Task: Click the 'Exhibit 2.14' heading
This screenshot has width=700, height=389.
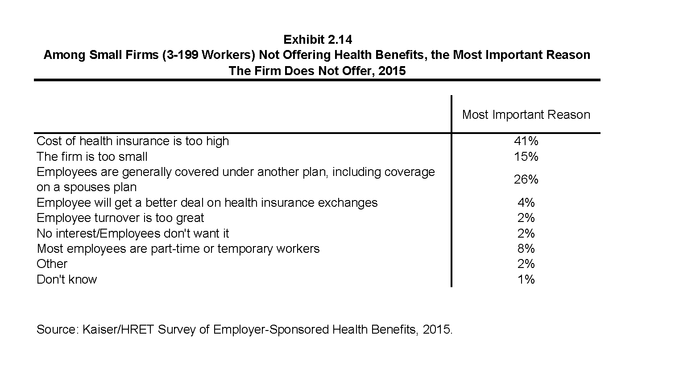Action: [318, 39]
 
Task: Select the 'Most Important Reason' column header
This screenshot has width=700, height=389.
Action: [526, 115]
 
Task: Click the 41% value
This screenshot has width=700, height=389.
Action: [526, 141]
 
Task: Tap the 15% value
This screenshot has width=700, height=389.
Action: [526, 156]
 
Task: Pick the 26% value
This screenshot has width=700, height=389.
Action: [526, 180]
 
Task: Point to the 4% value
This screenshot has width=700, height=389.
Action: [526, 202]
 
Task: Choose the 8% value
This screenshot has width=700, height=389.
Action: [526, 248]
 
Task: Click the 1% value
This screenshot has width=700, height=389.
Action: [526, 279]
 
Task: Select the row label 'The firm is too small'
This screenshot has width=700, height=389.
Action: [92, 156]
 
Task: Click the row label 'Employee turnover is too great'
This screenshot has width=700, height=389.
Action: [120, 218]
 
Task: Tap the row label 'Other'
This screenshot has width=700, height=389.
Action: [52, 264]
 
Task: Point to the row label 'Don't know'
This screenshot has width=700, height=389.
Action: [67, 279]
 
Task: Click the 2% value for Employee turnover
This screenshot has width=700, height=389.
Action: [526, 218]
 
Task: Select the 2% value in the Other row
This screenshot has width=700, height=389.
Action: [526, 264]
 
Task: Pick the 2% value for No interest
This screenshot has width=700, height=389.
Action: [526, 233]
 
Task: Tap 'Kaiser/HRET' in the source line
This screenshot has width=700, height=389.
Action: [118, 330]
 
